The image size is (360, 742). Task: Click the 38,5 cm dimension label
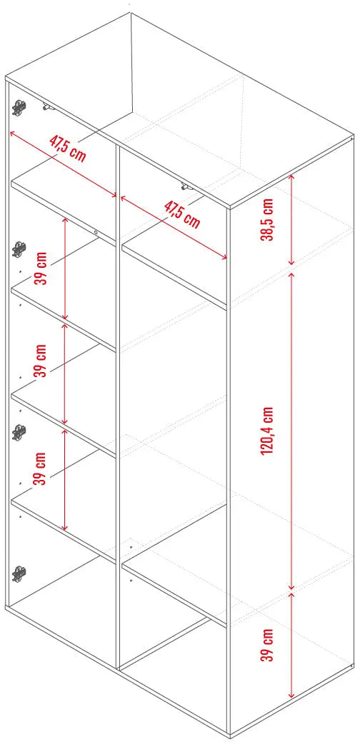[x=267, y=219]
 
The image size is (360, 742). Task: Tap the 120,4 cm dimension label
[x=267, y=431]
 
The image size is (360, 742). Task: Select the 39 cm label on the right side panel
[x=267, y=645]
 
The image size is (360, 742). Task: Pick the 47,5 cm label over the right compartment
[x=182, y=214]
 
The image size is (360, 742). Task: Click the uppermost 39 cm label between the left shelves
[x=42, y=268]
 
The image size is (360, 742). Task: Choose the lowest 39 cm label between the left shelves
[x=42, y=468]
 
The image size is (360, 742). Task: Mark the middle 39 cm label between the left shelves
[x=42, y=361]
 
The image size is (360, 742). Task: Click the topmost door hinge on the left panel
[x=19, y=107]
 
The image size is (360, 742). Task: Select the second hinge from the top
[x=19, y=249]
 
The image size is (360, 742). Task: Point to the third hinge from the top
[x=19, y=431]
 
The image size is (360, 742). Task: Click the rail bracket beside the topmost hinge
[x=48, y=107]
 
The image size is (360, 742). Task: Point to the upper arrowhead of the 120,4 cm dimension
[x=292, y=275]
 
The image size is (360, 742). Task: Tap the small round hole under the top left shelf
[x=96, y=232]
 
